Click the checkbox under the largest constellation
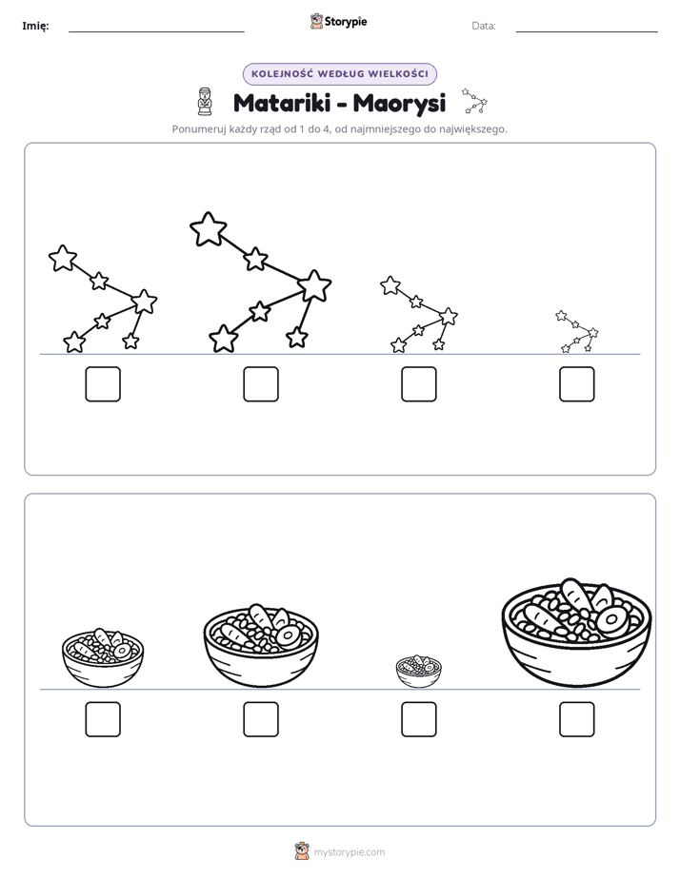point(261,384)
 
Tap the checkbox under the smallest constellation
point(577,384)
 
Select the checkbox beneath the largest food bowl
point(577,719)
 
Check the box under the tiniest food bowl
point(419,719)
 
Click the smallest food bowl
point(418,671)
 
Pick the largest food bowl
point(577,633)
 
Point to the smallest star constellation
point(577,331)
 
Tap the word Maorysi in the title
point(399,104)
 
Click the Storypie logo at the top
point(339,21)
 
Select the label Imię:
point(35,26)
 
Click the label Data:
point(484,26)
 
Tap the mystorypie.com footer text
point(349,852)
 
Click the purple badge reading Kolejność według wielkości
point(340,74)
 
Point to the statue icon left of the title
point(206,102)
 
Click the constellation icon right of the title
point(474,101)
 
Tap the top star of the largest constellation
point(209,228)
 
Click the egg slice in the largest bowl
point(611,620)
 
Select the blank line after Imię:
point(156,32)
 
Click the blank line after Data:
point(587,32)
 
